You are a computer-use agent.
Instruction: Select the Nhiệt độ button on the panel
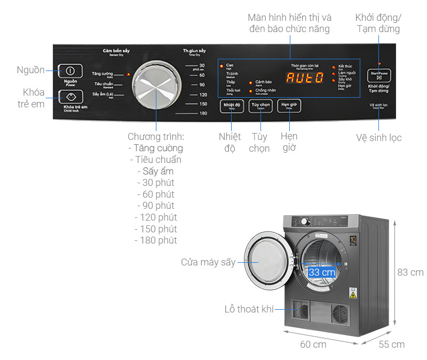coord(232,106)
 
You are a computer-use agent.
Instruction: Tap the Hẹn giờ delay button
coord(289,106)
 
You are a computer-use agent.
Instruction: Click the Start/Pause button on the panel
coord(379,75)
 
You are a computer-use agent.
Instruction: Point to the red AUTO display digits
coord(305,77)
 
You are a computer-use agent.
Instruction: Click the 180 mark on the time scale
coord(203,114)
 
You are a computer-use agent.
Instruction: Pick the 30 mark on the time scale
coord(202,65)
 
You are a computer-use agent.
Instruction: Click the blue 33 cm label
coord(322,272)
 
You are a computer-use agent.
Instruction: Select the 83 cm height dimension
coord(410,272)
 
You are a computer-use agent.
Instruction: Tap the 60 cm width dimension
coord(313,345)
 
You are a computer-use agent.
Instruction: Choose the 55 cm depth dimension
coord(391,345)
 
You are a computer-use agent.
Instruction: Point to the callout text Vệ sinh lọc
coord(378,138)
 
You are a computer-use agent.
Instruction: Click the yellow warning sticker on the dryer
coord(353,293)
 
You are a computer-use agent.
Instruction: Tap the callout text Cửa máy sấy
coord(208,262)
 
